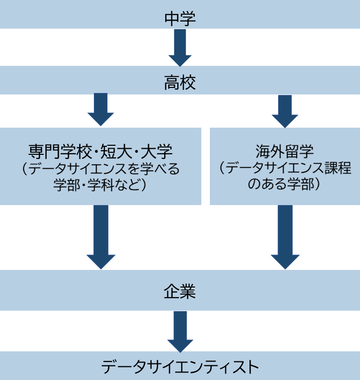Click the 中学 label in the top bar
point(180,19)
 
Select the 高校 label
point(180,83)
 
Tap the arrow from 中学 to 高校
point(180,48)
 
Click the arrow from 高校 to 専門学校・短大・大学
point(101,110)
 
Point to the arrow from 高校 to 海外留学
point(285,111)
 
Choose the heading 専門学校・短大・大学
point(100,151)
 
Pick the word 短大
point(115,151)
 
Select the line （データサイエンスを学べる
point(100,168)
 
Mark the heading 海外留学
point(285,151)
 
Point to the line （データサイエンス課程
point(285,168)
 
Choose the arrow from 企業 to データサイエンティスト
point(180,331)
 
